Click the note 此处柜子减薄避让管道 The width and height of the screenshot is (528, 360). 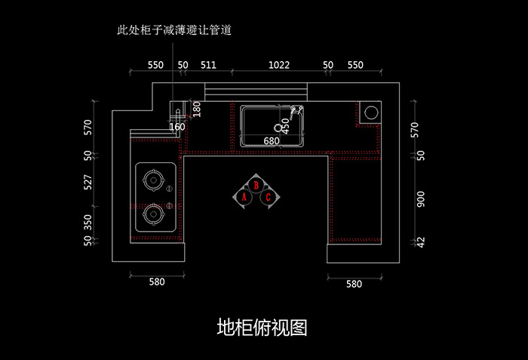[x=174, y=31]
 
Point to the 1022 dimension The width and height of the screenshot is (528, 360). [x=279, y=66]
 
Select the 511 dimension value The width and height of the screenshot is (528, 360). [x=208, y=66]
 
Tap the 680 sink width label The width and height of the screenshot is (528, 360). [x=272, y=140]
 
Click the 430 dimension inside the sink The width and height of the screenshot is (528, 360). [x=285, y=126]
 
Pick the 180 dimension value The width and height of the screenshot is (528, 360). [x=198, y=109]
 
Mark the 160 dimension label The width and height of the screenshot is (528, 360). [x=177, y=127]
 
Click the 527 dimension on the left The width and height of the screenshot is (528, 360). [x=88, y=182]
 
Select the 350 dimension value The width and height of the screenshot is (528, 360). [x=88, y=222]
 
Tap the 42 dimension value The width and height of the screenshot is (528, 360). [x=421, y=242]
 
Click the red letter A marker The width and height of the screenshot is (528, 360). [x=244, y=197]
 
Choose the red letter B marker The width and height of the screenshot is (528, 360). [x=256, y=184]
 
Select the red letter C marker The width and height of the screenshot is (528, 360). [x=268, y=197]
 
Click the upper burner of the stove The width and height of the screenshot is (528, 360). [x=153, y=181]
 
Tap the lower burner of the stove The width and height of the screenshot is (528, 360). [x=153, y=215]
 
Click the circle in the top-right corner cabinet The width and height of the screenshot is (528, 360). [x=371, y=113]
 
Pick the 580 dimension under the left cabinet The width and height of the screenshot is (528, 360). [x=156, y=282]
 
